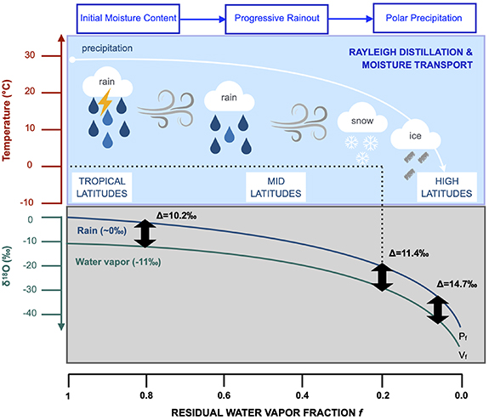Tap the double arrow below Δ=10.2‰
(145, 232)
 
